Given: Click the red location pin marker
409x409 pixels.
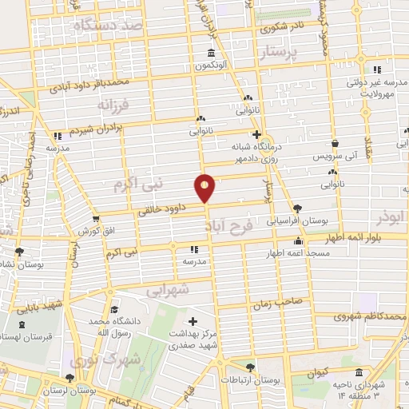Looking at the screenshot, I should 205,188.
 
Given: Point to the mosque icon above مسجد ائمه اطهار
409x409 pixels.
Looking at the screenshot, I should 299,241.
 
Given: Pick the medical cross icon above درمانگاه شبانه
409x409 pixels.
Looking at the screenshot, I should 256,134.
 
